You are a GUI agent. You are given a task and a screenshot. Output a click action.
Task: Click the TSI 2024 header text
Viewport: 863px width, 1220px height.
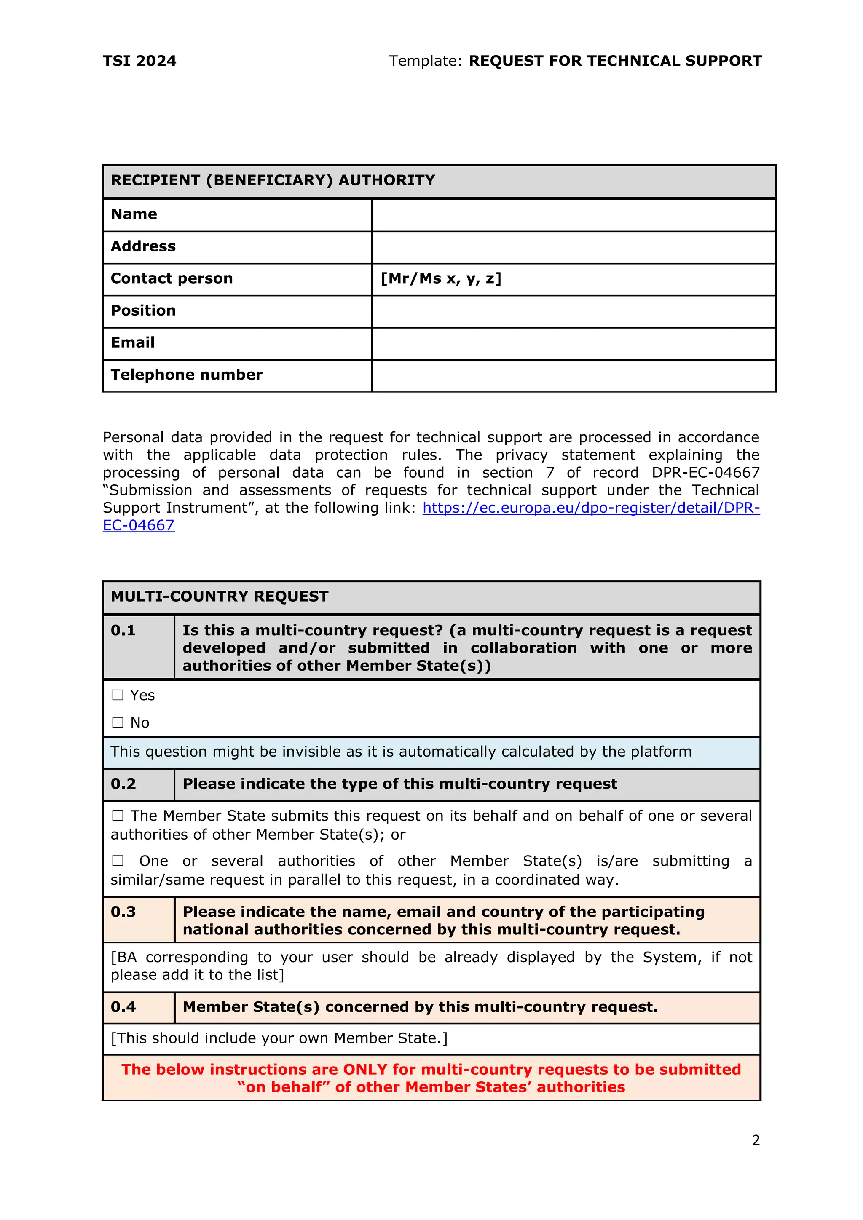point(139,61)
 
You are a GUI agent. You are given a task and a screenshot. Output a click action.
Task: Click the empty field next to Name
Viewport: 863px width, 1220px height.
point(574,215)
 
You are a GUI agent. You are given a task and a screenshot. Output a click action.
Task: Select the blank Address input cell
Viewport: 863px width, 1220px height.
point(574,248)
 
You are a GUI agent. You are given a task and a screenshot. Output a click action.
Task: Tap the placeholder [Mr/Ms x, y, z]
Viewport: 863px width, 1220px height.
point(440,279)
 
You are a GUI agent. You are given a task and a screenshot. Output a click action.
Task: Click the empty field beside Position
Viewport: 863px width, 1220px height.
point(574,312)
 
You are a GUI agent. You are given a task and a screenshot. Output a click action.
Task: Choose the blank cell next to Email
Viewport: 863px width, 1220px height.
point(574,344)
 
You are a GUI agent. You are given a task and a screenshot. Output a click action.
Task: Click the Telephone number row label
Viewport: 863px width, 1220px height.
point(187,375)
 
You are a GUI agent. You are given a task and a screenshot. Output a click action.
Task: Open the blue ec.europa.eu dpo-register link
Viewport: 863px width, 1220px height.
point(590,508)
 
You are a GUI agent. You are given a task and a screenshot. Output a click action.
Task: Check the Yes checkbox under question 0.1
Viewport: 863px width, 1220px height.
point(118,695)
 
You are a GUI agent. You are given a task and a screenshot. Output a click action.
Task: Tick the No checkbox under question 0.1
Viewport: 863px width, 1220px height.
point(118,722)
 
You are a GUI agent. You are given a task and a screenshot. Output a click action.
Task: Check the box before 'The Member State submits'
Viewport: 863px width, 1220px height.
point(118,816)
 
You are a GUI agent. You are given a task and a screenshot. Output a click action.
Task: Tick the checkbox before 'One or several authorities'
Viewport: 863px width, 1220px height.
point(118,861)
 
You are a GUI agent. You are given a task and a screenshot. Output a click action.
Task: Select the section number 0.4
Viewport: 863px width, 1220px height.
point(123,1007)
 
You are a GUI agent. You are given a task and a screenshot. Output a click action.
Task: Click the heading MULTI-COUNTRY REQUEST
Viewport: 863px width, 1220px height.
point(220,597)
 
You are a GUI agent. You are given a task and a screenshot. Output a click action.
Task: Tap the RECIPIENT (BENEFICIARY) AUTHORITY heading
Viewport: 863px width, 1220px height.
point(273,181)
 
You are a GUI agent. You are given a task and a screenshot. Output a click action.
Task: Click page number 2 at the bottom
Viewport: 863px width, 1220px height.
point(756,1140)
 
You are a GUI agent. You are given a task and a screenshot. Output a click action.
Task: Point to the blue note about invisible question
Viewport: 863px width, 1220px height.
point(401,752)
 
